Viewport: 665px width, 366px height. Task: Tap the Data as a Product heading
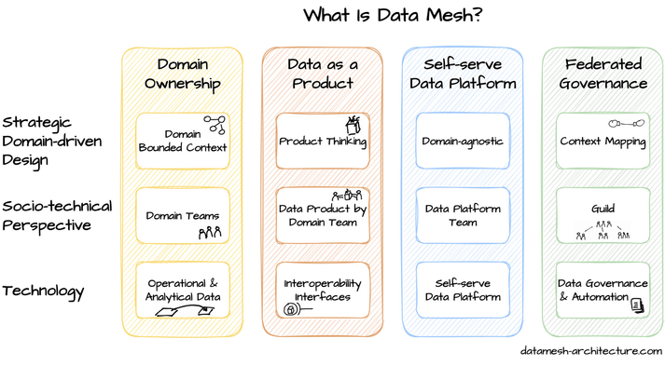point(322,74)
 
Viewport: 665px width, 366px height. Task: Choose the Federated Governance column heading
point(603,74)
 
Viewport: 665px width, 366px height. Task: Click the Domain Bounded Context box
point(182,141)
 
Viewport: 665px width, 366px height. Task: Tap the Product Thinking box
point(323,141)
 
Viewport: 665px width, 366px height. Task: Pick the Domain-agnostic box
point(463,142)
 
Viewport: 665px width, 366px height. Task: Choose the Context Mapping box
point(603,142)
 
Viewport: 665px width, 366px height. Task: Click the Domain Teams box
point(182,216)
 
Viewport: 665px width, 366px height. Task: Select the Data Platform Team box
point(463,216)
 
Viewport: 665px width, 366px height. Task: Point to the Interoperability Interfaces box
point(323,290)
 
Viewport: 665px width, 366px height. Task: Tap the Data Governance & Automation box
point(603,290)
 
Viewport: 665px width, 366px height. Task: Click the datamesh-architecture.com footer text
point(590,351)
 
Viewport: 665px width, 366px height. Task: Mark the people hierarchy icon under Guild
point(603,230)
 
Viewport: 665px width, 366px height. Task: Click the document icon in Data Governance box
point(636,305)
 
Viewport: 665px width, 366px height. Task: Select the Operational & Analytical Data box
point(182,290)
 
